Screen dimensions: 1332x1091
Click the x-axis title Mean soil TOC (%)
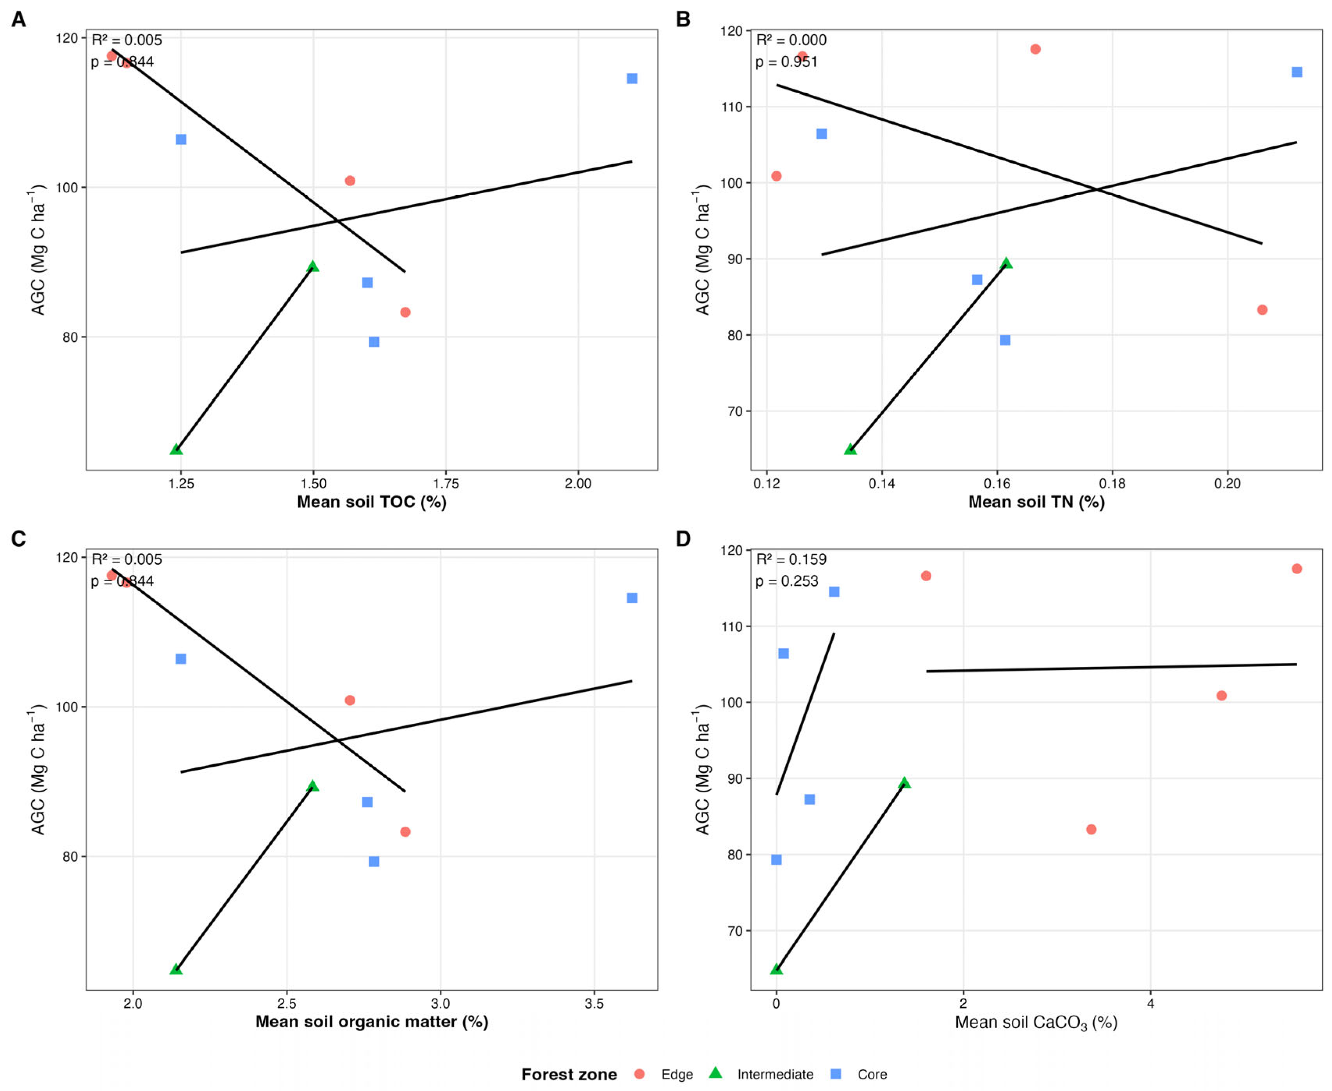pos(371,502)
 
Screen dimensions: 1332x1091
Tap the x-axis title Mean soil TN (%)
pos(1036,502)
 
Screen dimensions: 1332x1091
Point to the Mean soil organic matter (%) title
pos(371,1021)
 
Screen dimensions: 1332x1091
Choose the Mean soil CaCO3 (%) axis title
pos(1036,1023)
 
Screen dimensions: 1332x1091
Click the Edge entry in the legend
pos(676,1075)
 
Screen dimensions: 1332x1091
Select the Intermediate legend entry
pos(775,1075)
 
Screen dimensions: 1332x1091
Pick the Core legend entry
pos(872,1075)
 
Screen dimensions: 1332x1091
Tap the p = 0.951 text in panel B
pos(786,62)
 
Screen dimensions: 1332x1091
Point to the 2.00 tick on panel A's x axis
pos(578,483)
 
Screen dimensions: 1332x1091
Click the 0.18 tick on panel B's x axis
pos(1112,483)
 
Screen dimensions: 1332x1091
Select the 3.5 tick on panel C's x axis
pos(594,1004)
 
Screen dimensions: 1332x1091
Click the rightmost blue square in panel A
pos(632,78)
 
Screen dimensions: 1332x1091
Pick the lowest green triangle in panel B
pos(850,449)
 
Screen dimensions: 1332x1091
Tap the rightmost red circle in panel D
pos(1296,569)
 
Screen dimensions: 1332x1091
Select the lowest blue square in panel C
pos(373,861)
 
